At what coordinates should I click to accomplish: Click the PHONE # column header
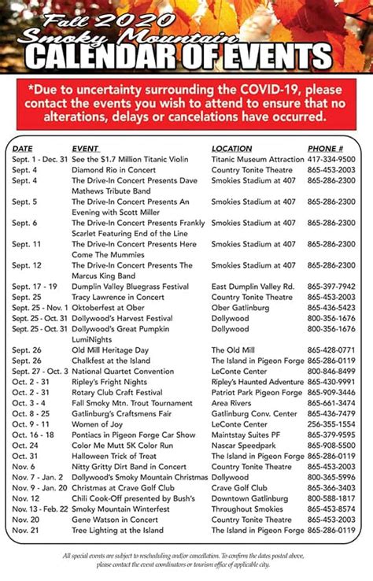coord(325,148)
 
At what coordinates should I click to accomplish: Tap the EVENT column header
coord(85,148)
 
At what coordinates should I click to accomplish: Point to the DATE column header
coord(23,148)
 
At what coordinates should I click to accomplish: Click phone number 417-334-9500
coord(331,159)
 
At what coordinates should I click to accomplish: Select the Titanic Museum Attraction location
coord(257,159)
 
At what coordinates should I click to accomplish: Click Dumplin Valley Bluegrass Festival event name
coord(130,287)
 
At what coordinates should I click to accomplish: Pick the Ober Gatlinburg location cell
coord(240,308)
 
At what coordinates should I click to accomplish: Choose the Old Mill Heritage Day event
coord(110,350)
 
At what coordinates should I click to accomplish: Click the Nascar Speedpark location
coord(245,446)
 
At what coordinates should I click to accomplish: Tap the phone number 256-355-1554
coord(331,424)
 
